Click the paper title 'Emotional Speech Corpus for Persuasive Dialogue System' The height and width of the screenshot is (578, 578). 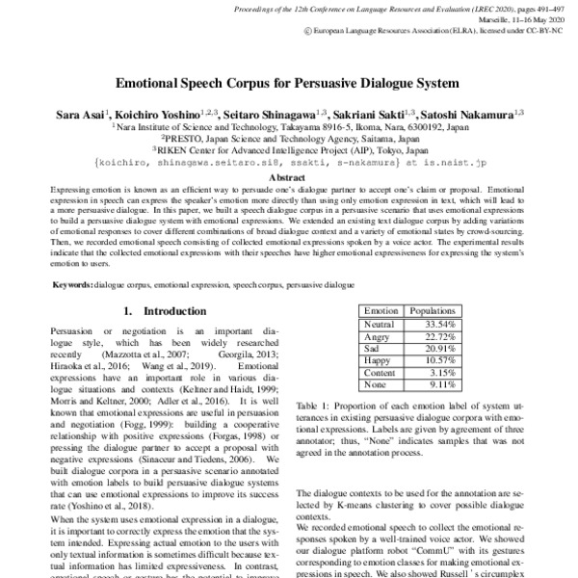click(x=288, y=84)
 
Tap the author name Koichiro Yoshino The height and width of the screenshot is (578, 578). click(x=153, y=114)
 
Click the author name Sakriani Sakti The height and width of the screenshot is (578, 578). click(x=374, y=114)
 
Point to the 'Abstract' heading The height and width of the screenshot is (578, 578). click(x=288, y=178)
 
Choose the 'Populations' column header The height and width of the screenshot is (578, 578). click(x=433, y=311)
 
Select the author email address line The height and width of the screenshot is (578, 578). click(x=288, y=163)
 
